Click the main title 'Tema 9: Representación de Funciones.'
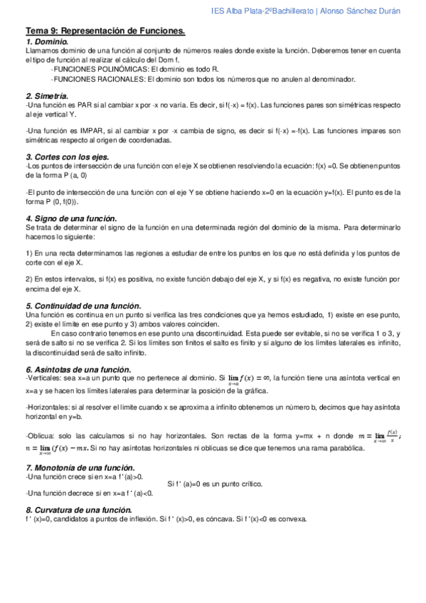pyautogui.click(x=105, y=31)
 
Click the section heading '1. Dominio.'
pyautogui.click(x=48, y=43)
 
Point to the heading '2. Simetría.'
pyautogui.click(x=48, y=95)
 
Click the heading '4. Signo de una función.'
pyautogui.click(x=71, y=218)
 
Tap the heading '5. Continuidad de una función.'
pyautogui.click(x=84, y=305)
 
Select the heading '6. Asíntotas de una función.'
pyautogui.click(x=78, y=369)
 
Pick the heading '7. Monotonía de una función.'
pyautogui.click(x=80, y=467)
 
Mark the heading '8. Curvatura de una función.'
pyautogui.click(x=78, y=510)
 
